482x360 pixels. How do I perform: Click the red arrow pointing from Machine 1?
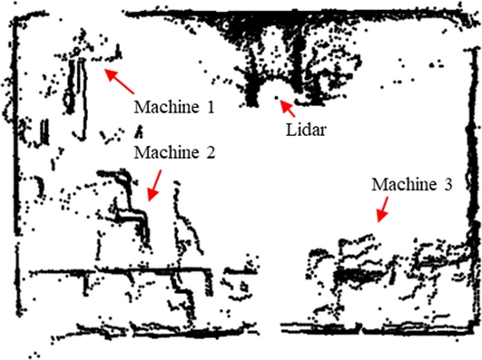click(120, 80)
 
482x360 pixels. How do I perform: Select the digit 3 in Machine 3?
click(447, 184)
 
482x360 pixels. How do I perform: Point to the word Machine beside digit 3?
click(403, 184)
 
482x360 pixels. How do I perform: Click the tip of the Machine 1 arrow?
click(103, 69)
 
